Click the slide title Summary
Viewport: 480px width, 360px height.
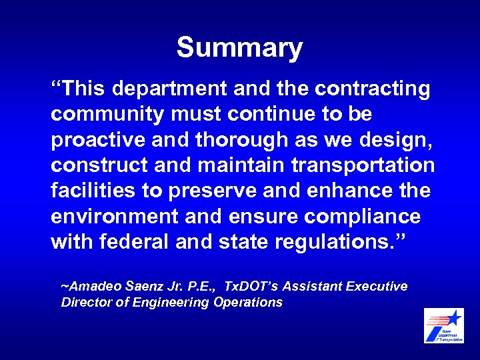[x=239, y=48]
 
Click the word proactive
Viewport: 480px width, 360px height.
[x=96, y=140]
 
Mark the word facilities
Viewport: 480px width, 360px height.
[x=93, y=191]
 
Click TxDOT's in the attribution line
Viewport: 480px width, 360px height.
[x=251, y=287]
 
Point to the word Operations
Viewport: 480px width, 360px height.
[x=248, y=303]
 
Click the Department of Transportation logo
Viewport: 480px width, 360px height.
[x=444, y=325]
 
